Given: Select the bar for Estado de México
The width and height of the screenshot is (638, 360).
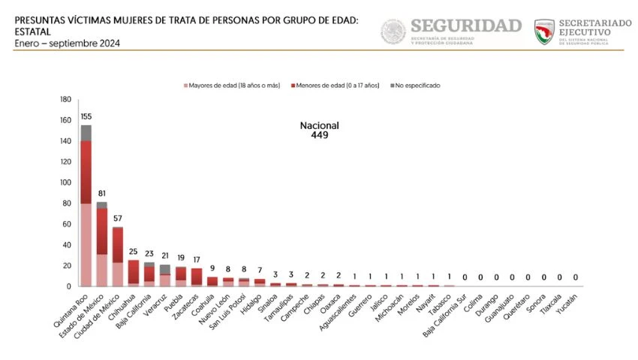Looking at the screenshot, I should tap(102, 247).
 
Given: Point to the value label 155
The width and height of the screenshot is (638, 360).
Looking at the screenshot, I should tap(86, 117).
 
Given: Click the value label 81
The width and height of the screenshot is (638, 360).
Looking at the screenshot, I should tap(102, 193).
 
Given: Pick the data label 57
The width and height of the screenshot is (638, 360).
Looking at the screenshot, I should tap(118, 218).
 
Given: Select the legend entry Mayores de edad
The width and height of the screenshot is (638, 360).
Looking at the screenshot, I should tap(233, 85).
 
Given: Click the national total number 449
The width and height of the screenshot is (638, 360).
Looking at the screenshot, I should tap(320, 136).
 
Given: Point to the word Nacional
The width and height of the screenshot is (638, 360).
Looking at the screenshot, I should tap(320, 125).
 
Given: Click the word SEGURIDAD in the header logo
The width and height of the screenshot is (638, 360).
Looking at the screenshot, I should tap(465, 26).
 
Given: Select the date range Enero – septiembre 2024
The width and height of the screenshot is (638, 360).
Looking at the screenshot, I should tap(67, 43).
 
